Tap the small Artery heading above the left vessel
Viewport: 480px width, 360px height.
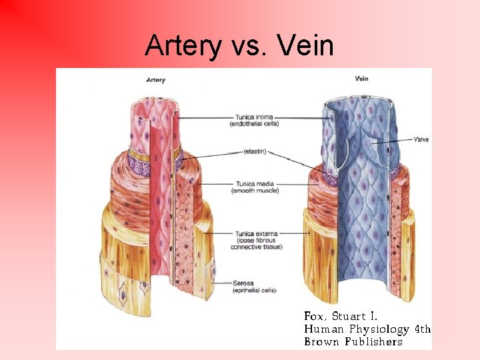pos(155,81)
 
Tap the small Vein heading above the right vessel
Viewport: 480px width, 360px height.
pos(362,79)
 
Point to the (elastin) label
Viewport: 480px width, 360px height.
pos(255,152)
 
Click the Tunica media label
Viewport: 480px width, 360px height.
pos(254,183)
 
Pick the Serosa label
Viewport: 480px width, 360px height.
pos(243,283)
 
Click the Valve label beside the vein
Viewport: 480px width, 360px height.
pos(421,139)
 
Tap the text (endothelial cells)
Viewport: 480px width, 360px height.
pos(254,124)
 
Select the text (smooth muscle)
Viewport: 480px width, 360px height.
pos(255,191)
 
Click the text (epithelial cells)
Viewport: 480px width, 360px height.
pos(255,291)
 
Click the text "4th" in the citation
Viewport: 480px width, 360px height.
pos(423,329)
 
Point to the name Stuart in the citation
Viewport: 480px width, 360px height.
pos(350,315)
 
